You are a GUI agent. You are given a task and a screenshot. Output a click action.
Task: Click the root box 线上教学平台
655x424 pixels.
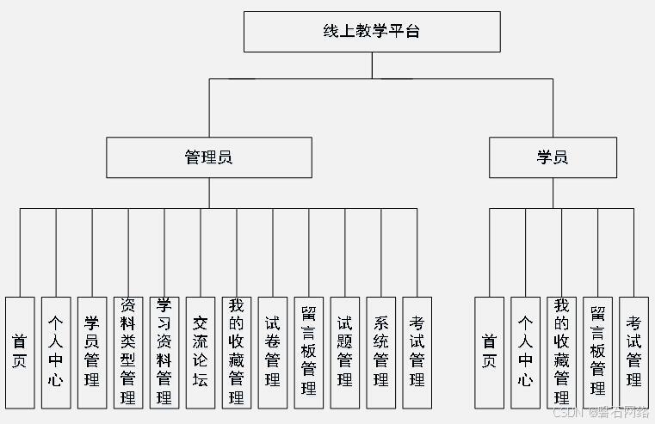[x=372, y=32]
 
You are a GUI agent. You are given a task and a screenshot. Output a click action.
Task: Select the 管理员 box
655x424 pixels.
[x=209, y=157]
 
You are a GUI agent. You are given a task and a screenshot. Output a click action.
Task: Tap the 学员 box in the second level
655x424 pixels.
[x=553, y=157]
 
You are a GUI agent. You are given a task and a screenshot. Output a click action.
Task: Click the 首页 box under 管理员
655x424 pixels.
[x=20, y=352]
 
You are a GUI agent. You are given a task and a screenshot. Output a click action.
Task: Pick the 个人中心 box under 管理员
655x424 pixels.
[x=56, y=352]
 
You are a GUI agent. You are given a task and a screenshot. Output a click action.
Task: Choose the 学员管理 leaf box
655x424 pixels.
[x=92, y=352]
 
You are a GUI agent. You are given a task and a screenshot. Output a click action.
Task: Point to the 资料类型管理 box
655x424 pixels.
[x=128, y=352]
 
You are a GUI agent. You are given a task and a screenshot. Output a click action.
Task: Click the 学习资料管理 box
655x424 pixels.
[x=164, y=352]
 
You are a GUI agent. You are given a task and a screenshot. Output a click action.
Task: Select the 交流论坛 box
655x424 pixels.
[x=201, y=352]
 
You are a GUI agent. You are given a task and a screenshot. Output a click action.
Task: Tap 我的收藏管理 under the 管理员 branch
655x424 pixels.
[x=237, y=352]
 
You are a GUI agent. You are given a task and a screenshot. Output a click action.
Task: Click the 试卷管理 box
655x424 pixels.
[x=273, y=352]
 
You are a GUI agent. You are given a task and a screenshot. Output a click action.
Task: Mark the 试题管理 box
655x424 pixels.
[x=345, y=352]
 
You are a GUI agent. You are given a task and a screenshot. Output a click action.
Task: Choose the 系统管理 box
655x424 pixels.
[x=381, y=352]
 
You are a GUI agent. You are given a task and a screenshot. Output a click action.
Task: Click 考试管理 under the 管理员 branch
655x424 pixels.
[x=417, y=352]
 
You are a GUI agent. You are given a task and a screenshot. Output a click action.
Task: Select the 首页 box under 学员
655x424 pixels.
[x=489, y=352]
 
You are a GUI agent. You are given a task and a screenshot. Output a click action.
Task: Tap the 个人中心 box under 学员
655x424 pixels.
[x=525, y=352]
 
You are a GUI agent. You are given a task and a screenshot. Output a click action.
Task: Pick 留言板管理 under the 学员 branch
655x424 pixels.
[x=597, y=352]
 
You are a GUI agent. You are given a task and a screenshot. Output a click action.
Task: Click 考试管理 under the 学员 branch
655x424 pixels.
[x=633, y=352]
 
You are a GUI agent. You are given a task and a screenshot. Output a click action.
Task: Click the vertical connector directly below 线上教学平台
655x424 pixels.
[x=372, y=65]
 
